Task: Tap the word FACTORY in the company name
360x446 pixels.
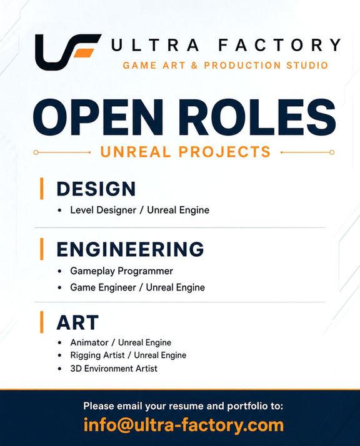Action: point(279,45)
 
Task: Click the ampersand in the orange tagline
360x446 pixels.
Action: point(194,66)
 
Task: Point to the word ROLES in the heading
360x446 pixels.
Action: point(257,117)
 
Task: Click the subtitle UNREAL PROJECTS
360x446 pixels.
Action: point(185,152)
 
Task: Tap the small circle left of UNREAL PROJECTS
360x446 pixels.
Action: point(36,152)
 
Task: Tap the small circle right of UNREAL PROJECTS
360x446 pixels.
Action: point(332,152)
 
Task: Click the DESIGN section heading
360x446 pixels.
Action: point(96,189)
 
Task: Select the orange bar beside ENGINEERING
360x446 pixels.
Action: point(42,249)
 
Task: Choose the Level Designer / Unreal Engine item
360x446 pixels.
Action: point(140,211)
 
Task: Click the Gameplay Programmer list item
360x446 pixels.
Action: point(121,271)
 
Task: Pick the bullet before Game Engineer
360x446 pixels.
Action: point(59,287)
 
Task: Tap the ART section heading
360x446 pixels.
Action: point(77,322)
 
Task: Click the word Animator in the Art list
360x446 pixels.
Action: point(89,342)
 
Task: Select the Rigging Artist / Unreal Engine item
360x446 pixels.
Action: point(128,355)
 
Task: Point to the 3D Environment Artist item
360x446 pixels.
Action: point(114,369)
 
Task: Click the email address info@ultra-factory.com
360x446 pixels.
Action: point(184,425)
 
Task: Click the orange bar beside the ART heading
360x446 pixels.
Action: point(42,322)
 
